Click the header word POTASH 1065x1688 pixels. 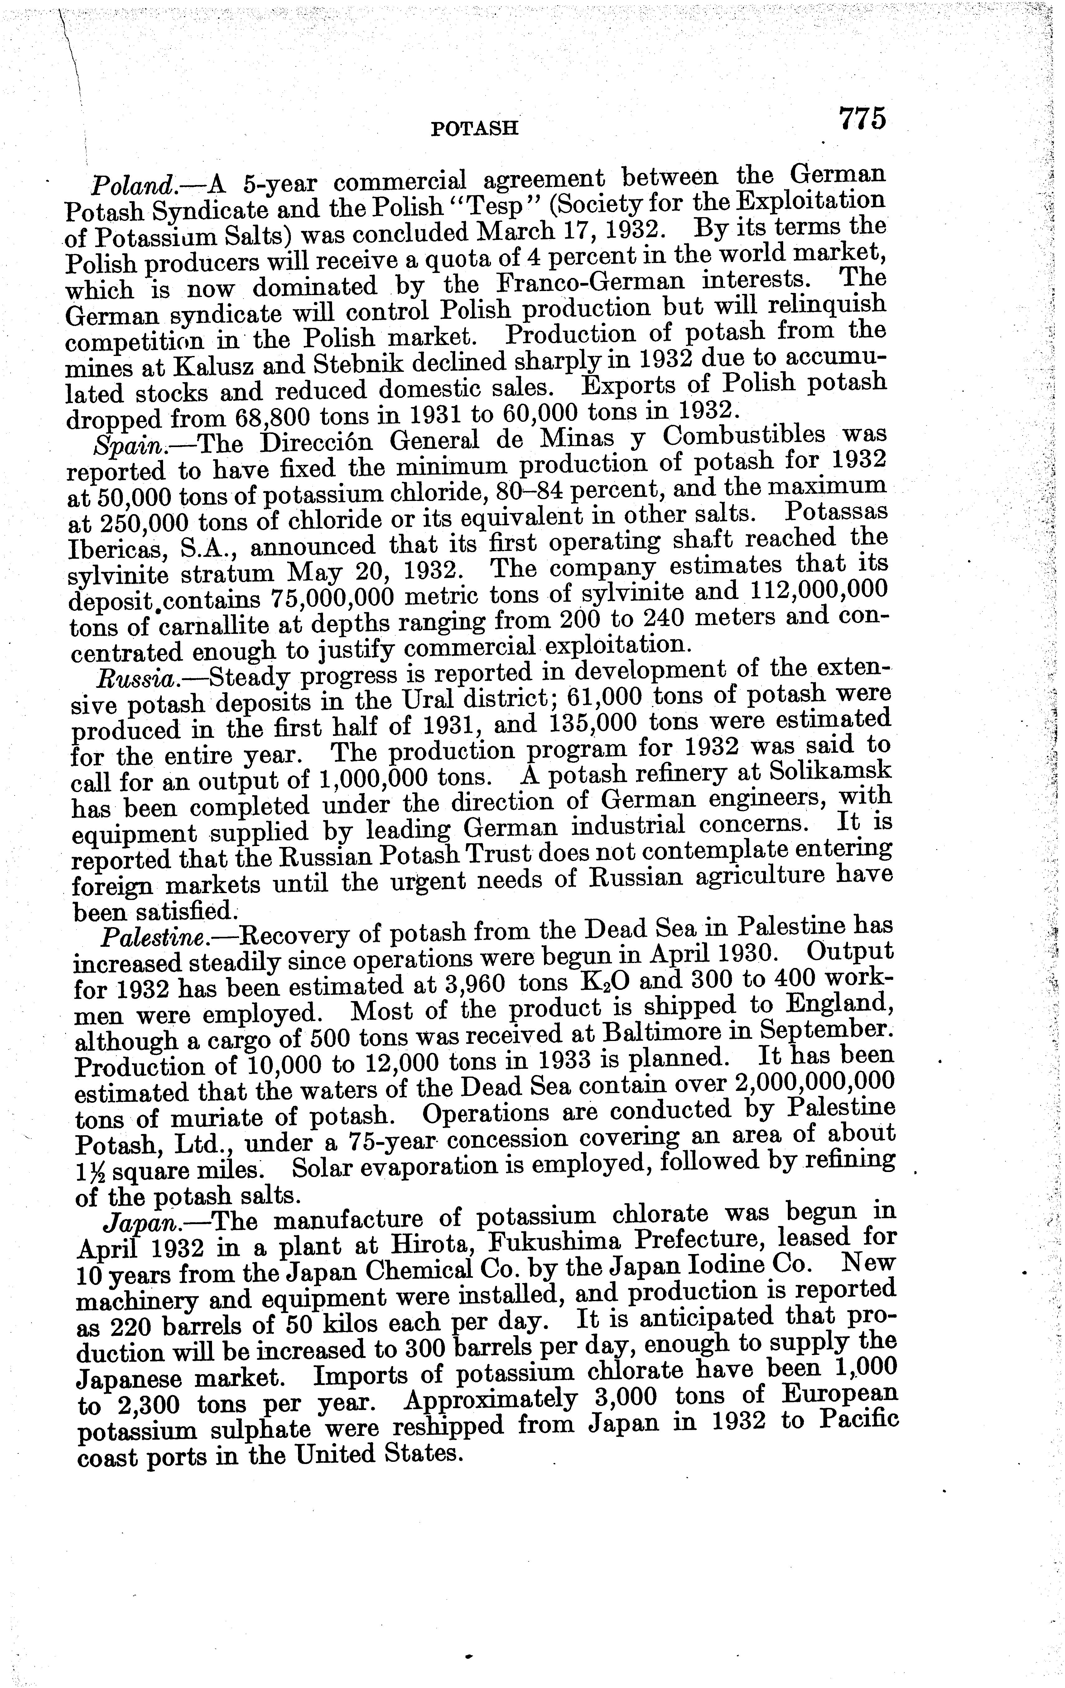pyautogui.click(x=474, y=128)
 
